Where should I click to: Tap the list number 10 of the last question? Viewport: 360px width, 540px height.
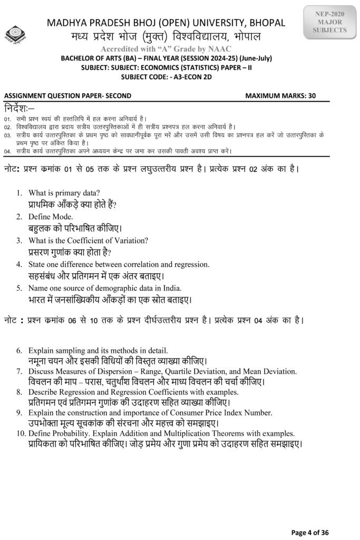pyautogui.click(x=20, y=433)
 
